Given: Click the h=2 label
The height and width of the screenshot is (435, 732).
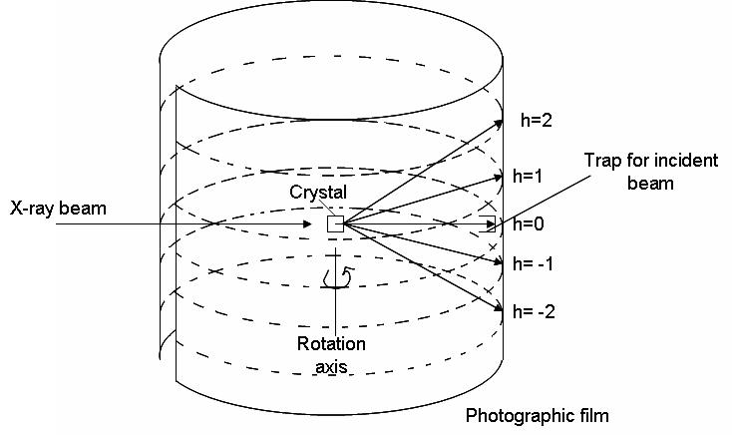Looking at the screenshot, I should tap(537, 120).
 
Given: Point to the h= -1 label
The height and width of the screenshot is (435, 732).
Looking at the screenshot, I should tap(535, 264).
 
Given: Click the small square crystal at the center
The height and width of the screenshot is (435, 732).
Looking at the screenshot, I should tap(335, 224).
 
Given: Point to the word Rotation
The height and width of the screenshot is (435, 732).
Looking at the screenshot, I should tap(331, 344).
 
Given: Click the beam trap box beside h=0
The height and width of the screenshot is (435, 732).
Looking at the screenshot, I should tap(489, 224).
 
